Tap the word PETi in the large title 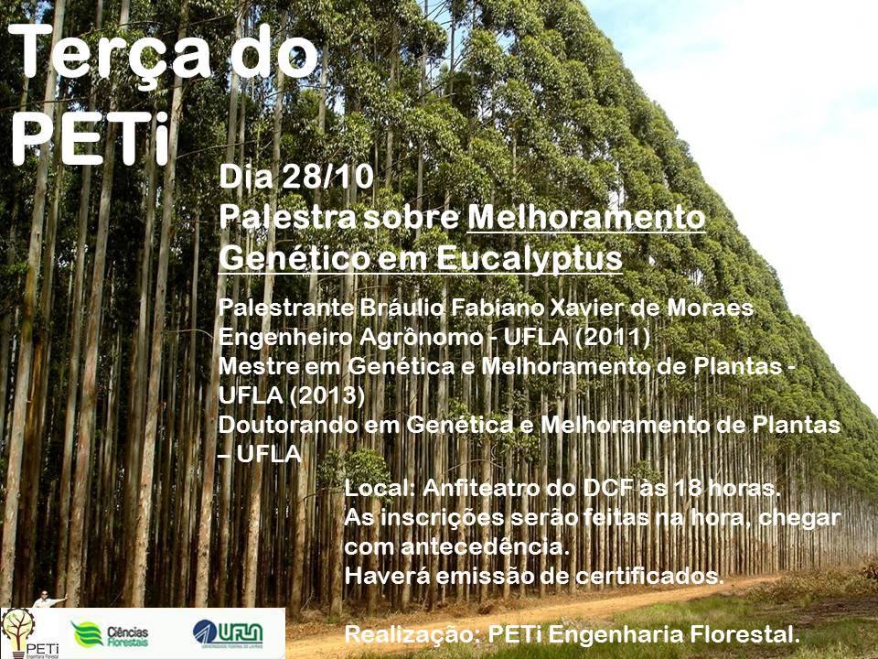[x=91, y=138]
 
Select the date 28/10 [x=327, y=177]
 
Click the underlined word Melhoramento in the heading [x=585, y=217]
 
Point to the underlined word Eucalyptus [x=530, y=259]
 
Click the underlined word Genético [x=294, y=258]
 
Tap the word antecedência [x=485, y=546]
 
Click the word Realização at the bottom [x=412, y=634]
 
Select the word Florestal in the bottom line [x=744, y=634]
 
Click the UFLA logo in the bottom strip [x=228, y=633]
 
